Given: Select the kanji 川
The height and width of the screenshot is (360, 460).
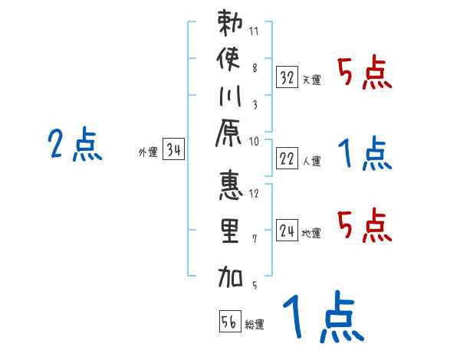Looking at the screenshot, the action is pos(231,97).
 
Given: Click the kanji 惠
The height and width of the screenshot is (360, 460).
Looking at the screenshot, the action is pos(231,188).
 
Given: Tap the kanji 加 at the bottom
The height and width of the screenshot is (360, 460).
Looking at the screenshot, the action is pos(231,275).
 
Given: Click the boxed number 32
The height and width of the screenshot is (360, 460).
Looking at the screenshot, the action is pos(287,77).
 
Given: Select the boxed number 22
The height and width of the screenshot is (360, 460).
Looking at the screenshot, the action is pos(287,159).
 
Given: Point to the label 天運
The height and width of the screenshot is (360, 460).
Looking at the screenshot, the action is pos(312,80).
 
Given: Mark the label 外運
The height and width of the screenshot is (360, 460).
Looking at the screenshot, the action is pos(147,152).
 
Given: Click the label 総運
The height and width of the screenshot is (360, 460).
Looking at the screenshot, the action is pos(255,325).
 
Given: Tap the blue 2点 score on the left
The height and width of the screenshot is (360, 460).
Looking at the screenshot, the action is pos(75,144).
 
